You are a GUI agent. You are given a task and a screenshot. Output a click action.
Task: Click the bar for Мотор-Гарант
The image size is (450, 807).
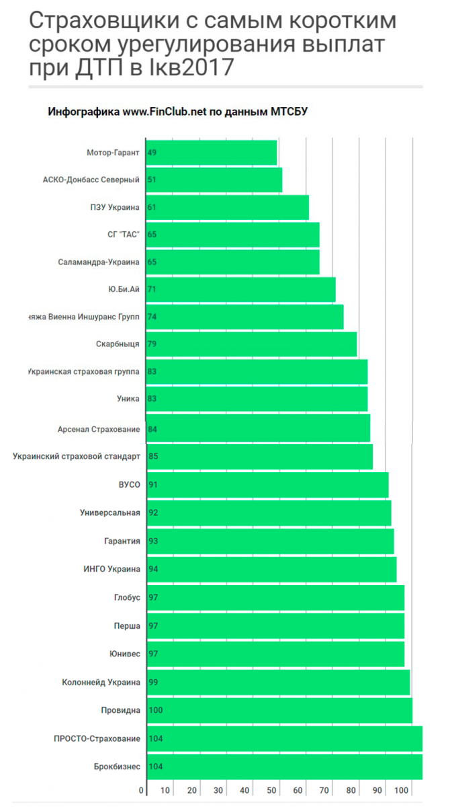(212, 153)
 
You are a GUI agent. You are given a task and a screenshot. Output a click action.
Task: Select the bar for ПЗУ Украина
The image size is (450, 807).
(228, 207)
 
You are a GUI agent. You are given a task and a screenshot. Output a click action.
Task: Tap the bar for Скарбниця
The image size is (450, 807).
(252, 344)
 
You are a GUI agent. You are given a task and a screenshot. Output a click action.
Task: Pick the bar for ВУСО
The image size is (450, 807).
(267, 484)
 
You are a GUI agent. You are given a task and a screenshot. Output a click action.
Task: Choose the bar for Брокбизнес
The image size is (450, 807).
(285, 766)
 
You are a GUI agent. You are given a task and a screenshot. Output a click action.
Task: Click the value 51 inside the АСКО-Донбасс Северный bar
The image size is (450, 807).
(152, 180)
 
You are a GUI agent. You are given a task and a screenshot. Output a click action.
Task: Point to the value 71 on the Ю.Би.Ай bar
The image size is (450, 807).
(152, 289)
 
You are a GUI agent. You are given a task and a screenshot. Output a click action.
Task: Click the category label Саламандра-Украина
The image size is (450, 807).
(99, 262)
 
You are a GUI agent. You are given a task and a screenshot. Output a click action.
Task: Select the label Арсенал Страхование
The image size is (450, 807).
(100, 429)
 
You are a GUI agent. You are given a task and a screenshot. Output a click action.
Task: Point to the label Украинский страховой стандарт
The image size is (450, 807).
(77, 457)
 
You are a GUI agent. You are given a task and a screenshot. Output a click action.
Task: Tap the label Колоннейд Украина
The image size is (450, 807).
(101, 682)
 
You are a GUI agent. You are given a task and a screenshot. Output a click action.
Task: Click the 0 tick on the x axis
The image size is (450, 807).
(141, 790)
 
